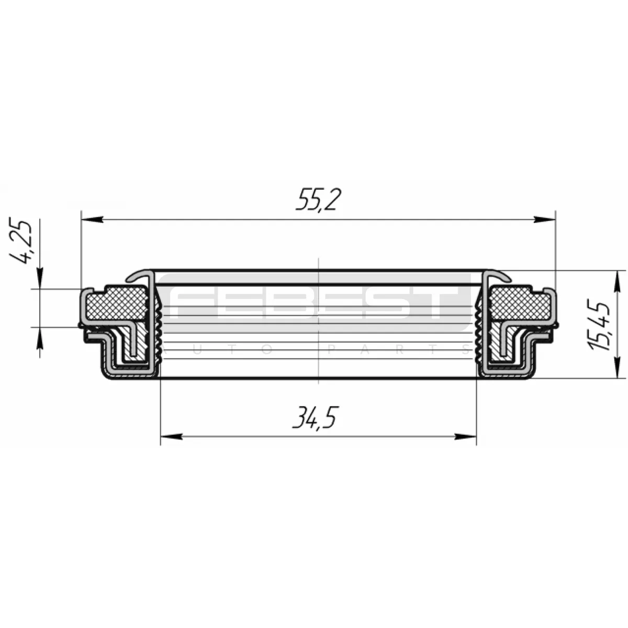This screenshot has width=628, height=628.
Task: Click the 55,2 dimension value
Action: [316, 199]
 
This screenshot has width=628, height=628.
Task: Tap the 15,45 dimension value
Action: [599, 326]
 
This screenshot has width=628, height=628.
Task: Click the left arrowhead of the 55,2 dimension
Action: [92, 220]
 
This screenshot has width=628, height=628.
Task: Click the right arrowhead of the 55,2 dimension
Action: [544, 220]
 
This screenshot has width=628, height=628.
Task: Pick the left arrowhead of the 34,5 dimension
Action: [172, 436]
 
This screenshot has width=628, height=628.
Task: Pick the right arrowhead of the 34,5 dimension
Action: [465, 436]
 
